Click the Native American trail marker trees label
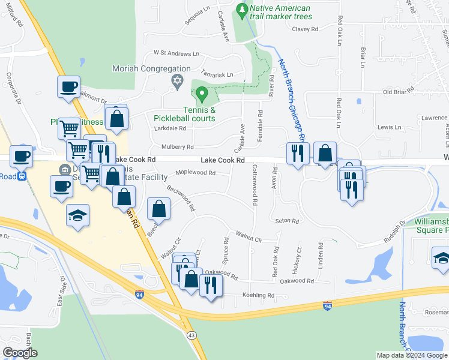281,12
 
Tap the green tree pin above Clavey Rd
241,10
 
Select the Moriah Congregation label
151,69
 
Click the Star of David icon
176,80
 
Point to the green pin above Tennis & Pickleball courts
202,94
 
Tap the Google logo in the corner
20,353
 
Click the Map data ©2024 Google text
412,355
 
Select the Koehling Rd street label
258,295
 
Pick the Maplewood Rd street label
196,173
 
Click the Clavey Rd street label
303,29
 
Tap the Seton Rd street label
287,221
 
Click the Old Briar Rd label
399,92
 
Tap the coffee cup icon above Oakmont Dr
69,87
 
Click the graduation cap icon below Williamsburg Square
441,258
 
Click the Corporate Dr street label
12,90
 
